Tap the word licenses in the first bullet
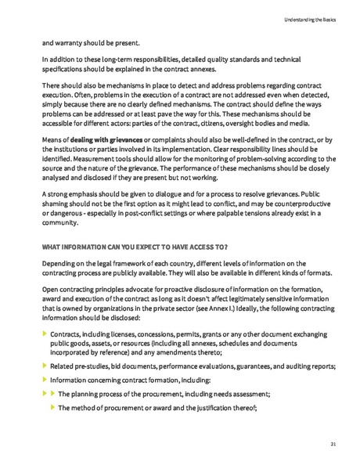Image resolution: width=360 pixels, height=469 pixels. (109, 334)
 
